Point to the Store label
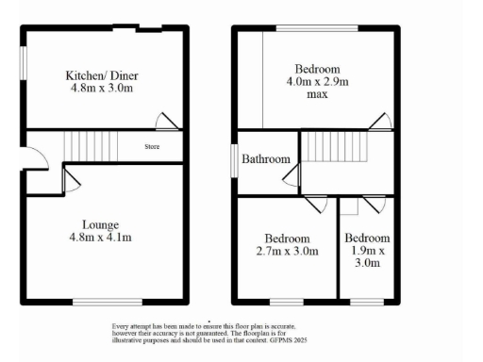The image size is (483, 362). [152, 147]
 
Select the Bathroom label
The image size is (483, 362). [265, 159]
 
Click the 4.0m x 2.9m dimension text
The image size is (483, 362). [317, 83]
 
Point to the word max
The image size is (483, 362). [304, 96]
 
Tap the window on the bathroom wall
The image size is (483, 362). [235, 158]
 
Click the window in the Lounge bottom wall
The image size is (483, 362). [100, 302]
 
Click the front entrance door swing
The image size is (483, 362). [38, 162]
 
